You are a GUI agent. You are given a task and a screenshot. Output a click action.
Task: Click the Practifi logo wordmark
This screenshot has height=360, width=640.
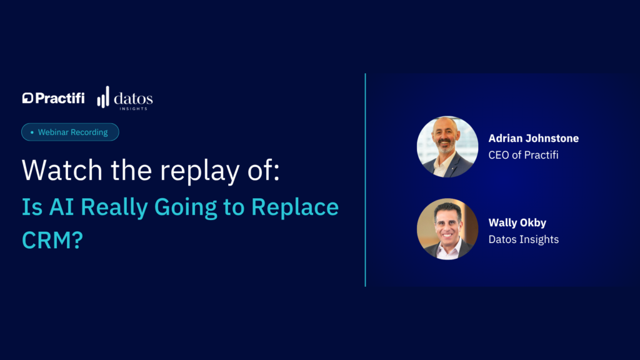tap(54, 98)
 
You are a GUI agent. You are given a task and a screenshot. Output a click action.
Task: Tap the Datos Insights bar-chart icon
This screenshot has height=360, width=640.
tap(103, 97)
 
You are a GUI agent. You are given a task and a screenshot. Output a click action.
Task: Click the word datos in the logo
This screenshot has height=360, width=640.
tap(134, 98)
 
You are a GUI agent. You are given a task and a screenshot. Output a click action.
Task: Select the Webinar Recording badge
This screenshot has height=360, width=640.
tap(70, 132)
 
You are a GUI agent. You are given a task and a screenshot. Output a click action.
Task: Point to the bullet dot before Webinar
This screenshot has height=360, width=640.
tap(32, 132)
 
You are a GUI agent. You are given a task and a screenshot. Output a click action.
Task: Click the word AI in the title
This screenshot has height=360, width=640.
tap(62, 206)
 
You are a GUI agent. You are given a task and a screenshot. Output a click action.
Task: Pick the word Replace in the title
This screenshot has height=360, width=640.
tap(295, 207)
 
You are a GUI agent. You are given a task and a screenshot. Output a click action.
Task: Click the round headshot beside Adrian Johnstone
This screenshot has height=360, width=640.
tap(447, 147)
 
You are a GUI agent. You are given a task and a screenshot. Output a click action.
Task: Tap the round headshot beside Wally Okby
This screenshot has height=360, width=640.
tap(447, 229)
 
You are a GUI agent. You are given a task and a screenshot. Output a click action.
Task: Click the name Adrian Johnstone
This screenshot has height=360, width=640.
tap(534, 138)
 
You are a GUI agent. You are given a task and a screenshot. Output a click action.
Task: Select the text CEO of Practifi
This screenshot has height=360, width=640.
tap(523, 155)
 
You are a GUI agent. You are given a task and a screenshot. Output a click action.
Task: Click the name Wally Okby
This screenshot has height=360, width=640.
tap(517, 223)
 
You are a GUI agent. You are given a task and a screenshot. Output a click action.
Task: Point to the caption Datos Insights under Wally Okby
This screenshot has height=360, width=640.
tap(524, 239)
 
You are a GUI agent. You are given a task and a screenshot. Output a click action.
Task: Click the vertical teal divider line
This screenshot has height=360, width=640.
tap(365, 180)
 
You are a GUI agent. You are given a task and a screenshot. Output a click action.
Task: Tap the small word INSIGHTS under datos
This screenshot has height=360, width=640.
tap(134, 109)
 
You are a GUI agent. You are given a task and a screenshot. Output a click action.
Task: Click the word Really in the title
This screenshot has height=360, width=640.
tap(114, 207)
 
